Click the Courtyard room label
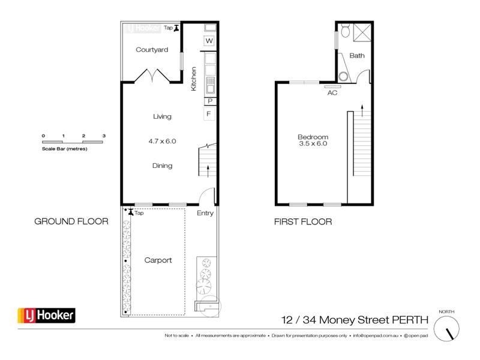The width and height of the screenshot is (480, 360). [x=151, y=50]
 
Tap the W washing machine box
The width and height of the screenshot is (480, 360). [x=209, y=41]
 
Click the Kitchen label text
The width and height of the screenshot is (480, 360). [x=194, y=79]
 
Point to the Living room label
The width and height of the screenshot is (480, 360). [x=162, y=116]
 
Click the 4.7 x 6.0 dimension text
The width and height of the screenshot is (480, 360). [x=162, y=142]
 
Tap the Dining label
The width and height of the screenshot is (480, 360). [x=162, y=166]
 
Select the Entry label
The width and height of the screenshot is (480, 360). [x=205, y=213]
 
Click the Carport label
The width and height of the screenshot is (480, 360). [x=158, y=260]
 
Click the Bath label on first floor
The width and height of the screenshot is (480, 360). [x=357, y=56]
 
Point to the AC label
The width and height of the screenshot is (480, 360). [x=332, y=93]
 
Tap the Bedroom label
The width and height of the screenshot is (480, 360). [x=313, y=137]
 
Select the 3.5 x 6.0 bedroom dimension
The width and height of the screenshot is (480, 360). [x=313, y=144]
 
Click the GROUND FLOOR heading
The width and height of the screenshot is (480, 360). [x=71, y=221]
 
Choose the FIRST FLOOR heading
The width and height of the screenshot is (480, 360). [x=303, y=221]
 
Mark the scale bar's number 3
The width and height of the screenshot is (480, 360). [x=104, y=136]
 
